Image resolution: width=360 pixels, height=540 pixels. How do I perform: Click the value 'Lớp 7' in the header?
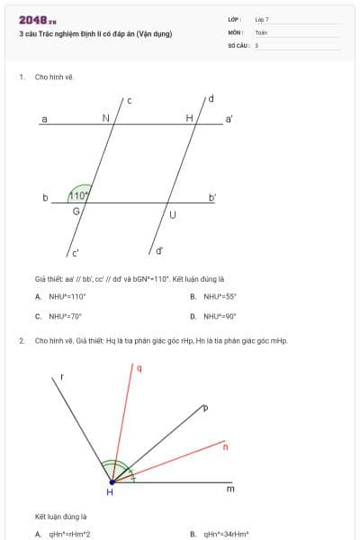pos(262,19)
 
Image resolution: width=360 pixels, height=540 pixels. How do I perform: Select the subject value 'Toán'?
pos(261,31)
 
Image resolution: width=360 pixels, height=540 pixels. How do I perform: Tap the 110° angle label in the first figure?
pos(79,195)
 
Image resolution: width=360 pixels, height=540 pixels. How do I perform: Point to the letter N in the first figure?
pos(105,118)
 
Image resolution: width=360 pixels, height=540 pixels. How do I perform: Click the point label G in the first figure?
pos(76,211)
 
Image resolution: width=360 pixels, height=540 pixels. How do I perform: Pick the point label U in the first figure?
pos(173,214)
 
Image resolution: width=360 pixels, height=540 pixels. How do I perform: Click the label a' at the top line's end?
pos(229,118)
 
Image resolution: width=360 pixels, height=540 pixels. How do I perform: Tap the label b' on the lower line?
pos(212,196)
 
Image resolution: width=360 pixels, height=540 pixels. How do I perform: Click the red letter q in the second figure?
pos(139,367)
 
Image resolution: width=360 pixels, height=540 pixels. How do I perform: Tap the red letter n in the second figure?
pos(225,446)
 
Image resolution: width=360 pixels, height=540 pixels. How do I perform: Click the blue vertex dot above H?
pos(111,482)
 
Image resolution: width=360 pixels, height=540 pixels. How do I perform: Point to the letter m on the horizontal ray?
pos(229,489)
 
